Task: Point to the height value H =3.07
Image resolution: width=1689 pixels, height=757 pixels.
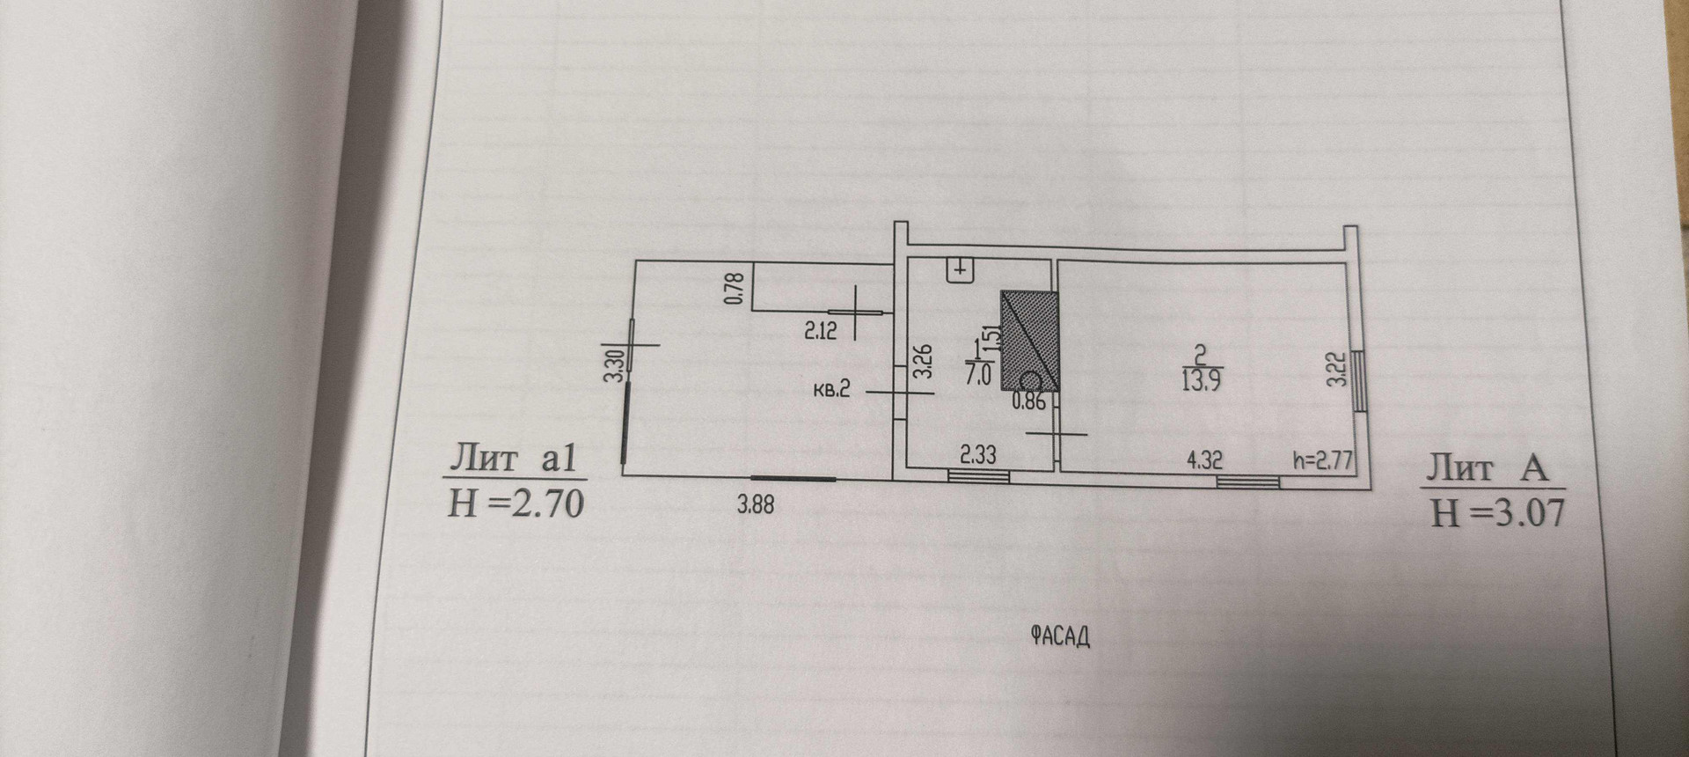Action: pyautogui.click(x=1498, y=511)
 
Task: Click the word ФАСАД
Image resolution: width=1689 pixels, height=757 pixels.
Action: pyautogui.click(x=1059, y=636)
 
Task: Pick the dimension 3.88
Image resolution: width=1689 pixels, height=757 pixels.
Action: pyautogui.click(x=756, y=505)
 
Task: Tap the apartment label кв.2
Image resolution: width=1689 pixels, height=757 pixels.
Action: pyautogui.click(x=831, y=390)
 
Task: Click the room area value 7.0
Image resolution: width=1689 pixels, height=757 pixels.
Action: pyautogui.click(x=978, y=375)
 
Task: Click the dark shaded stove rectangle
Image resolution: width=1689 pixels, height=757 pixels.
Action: pyautogui.click(x=1029, y=340)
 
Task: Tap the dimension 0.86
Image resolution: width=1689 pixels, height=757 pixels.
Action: pyautogui.click(x=1028, y=403)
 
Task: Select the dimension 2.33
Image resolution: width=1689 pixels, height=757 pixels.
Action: pyautogui.click(x=977, y=455)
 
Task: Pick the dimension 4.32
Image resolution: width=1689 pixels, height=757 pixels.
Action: pyautogui.click(x=1204, y=460)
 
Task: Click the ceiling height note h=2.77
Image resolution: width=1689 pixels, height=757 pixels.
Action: pyautogui.click(x=1321, y=460)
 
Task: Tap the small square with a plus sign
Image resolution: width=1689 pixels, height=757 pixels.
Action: pyautogui.click(x=960, y=268)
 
